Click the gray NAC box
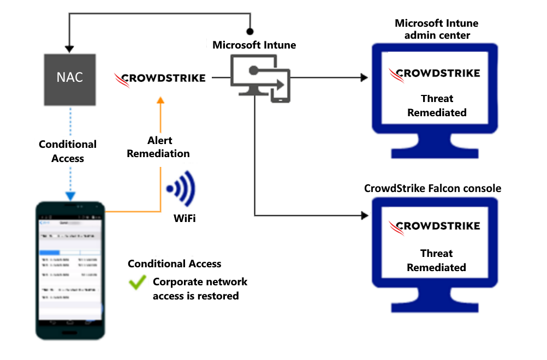pos(70,79)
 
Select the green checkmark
pos(137,283)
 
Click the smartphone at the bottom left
pos(69,270)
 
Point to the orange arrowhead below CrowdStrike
pos(160,100)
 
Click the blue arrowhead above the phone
pos(70,196)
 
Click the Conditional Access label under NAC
pos(68,151)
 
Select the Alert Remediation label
pos(158,147)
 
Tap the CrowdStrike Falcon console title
pos(432,189)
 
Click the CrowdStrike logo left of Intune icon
pos(160,78)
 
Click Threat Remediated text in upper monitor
pos(437,106)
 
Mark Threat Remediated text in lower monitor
pos(437,260)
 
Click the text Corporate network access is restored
pos(200,289)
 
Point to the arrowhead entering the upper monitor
pos(364,77)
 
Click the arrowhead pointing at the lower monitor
pos(364,215)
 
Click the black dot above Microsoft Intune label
pos(250,32)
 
